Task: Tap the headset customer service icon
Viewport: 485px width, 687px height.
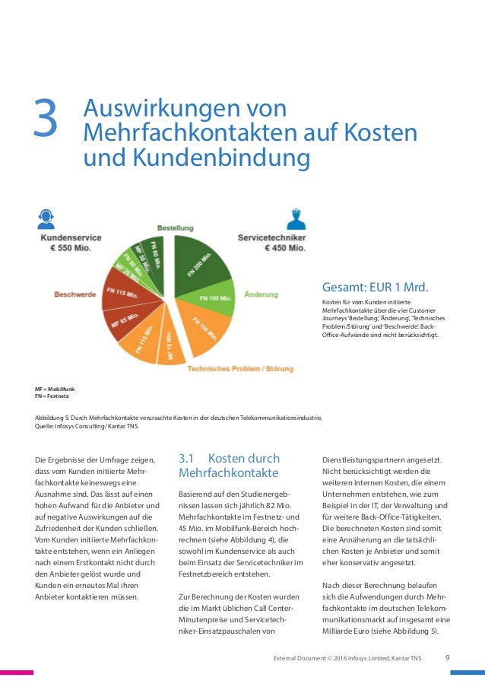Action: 46,219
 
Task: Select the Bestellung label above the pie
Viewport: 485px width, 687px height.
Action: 175,228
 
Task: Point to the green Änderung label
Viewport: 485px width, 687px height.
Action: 260,293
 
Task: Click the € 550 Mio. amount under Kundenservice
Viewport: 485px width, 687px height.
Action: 71,250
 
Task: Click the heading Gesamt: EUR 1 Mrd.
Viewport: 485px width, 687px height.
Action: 376,287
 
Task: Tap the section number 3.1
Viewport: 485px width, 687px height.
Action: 187,458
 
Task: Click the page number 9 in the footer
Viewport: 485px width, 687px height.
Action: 448,657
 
